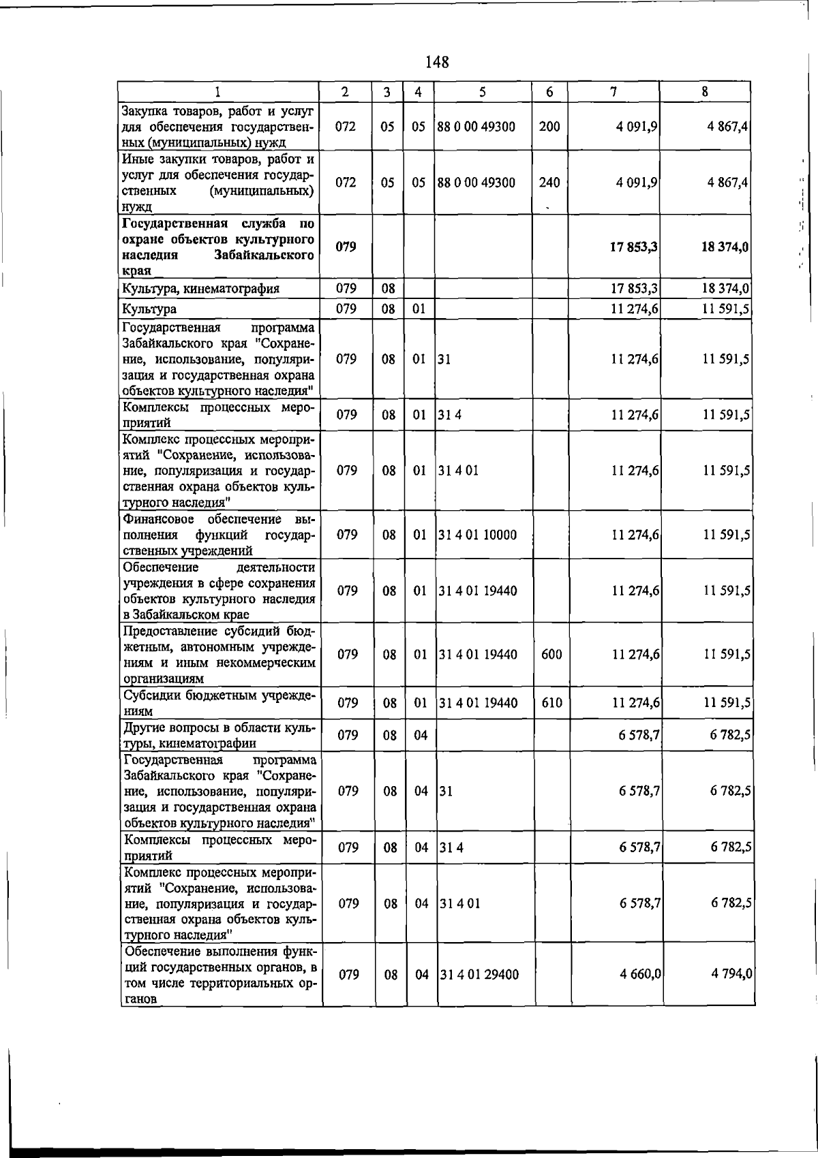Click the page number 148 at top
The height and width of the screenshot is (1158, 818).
click(x=437, y=62)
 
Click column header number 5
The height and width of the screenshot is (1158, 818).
click(x=483, y=92)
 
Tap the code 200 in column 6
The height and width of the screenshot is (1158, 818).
click(x=549, y=127)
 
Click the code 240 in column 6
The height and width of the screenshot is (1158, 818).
click(x=549, y=183)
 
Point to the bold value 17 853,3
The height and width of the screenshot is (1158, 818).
click(x=634, y=247)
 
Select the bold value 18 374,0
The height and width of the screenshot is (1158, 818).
click(x=725, y=247)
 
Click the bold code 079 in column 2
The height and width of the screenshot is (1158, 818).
click(x=346, y=247)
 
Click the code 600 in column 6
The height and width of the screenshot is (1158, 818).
click(x=551, y=655)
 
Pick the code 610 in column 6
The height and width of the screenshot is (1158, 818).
click(x=551, y=703)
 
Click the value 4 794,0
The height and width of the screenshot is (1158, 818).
click(x=731, y=975)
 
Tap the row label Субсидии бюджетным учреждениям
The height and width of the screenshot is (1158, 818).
click(x=218, y=703)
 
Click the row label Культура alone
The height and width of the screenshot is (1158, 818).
click(x=149, y=309)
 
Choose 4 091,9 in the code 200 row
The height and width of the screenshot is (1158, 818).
click(x=636, y=127)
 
